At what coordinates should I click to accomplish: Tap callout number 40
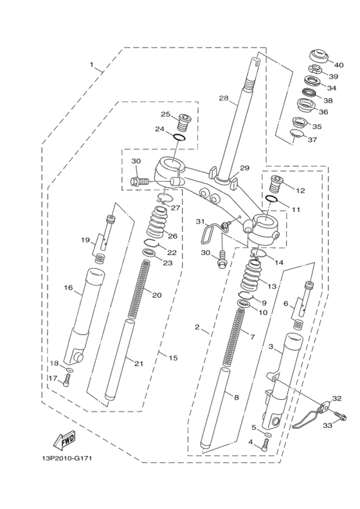click(338, 64)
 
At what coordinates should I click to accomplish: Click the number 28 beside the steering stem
click(224, 98)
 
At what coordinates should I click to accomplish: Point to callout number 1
click(93, 65)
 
